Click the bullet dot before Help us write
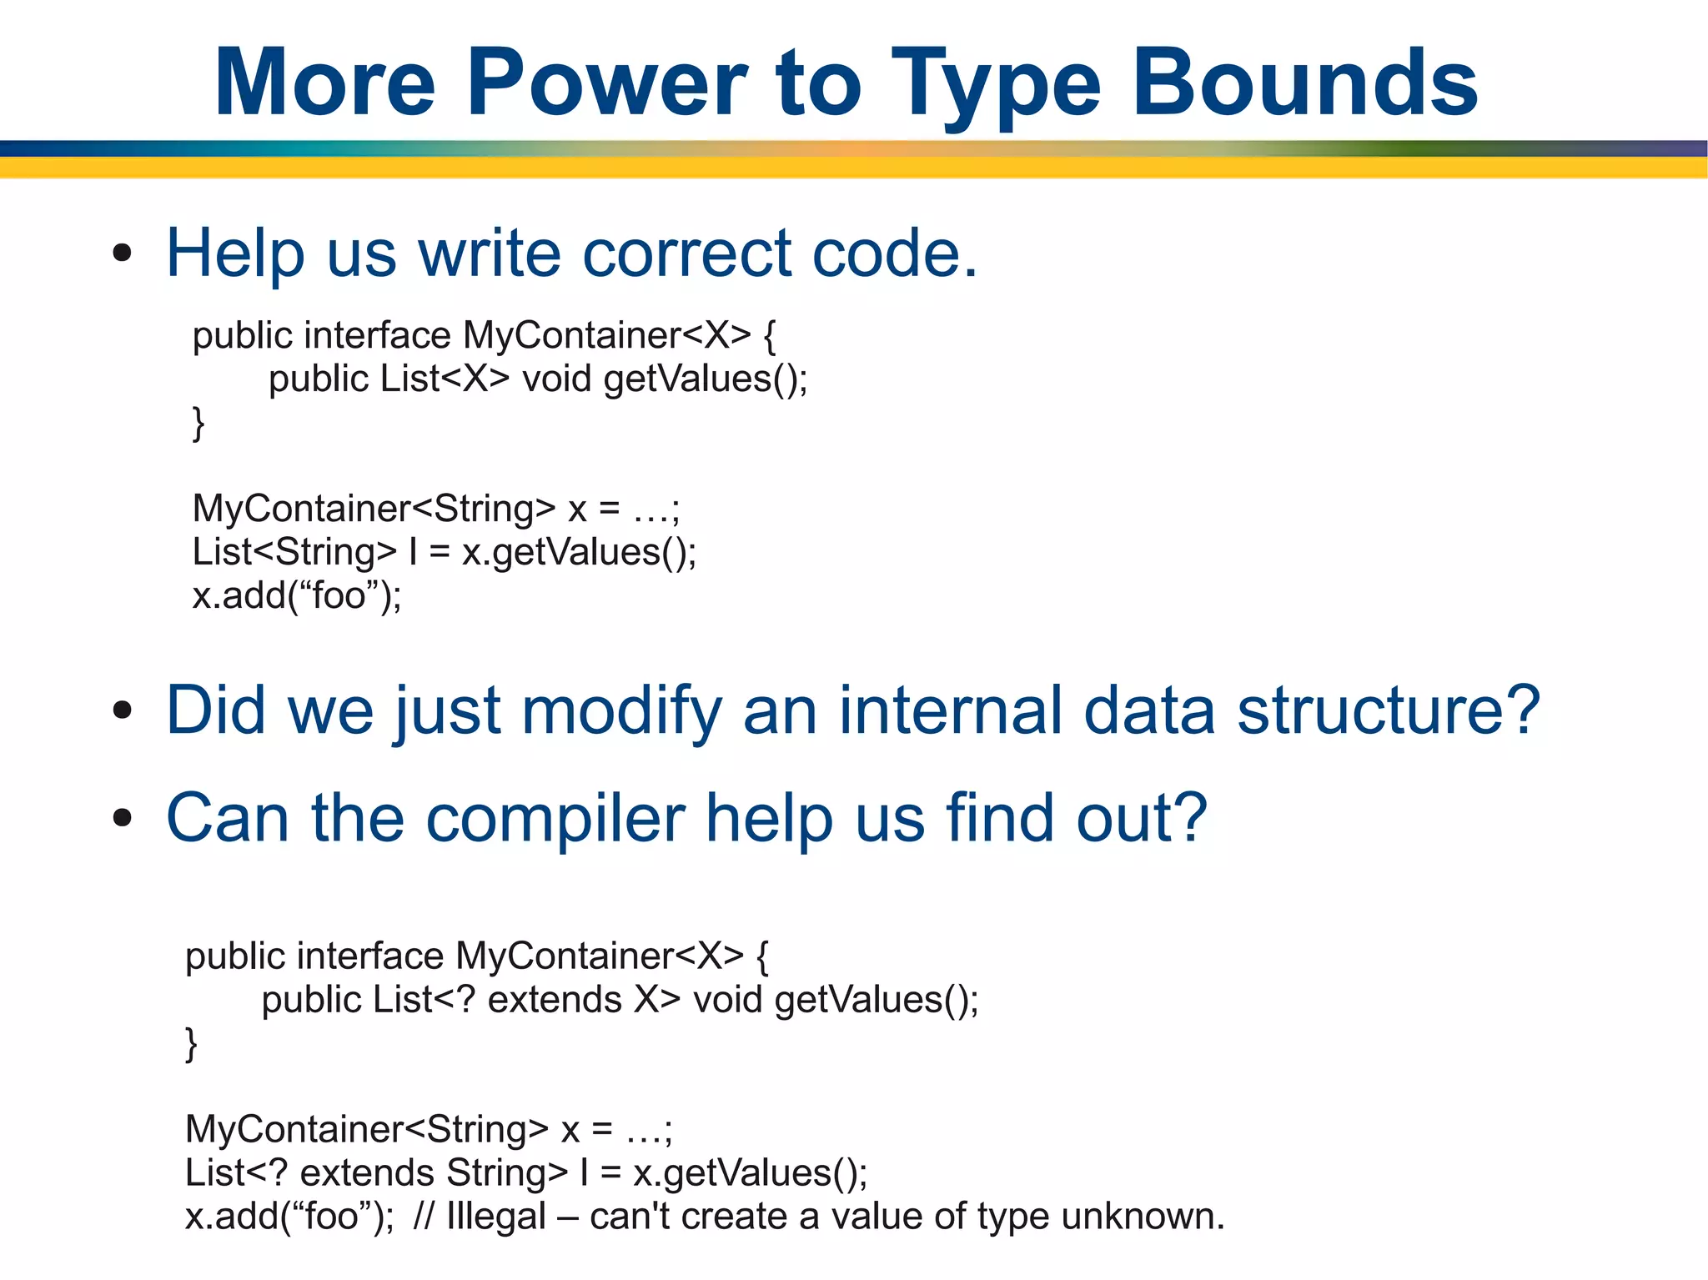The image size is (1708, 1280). pos(123,253)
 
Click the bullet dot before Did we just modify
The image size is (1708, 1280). pos(123,710)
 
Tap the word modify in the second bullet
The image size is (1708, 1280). pos(620,710)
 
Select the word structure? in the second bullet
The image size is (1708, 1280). pos(1387,710)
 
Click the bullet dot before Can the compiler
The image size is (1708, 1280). pos(123,818)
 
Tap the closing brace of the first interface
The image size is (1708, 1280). pos(198,423)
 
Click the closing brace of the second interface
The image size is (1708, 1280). pos(191,1043)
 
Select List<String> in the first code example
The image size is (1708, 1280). pos(294,552)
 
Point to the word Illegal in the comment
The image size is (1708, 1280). pos(495,1217)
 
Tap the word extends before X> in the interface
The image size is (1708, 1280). pos(555,1000)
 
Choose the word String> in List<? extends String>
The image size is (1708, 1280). pos(507,1173)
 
